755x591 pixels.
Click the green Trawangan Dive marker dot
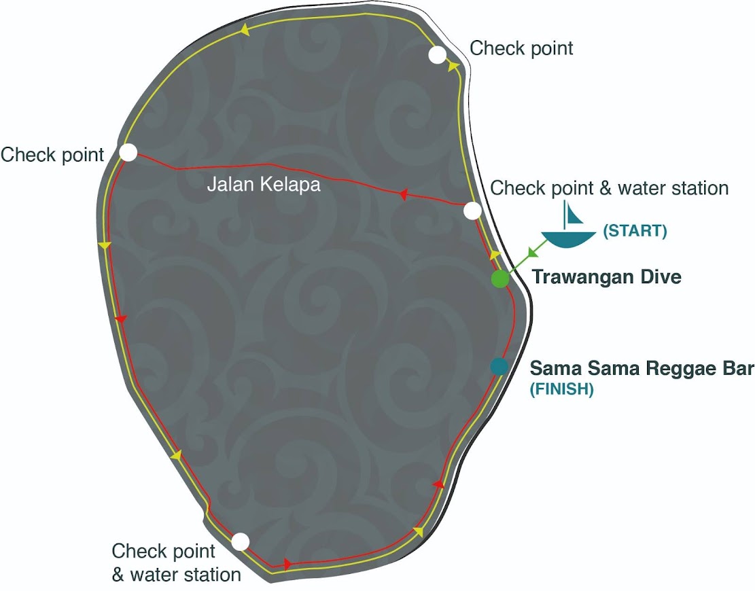(x=500, y=279)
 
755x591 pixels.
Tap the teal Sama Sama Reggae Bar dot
(x=499, y=366)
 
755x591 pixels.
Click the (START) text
(x=635, y=231)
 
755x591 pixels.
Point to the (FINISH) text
(x=562, y=390)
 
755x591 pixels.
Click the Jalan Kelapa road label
(x=264, y=184)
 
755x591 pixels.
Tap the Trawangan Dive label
(x=606, y=277)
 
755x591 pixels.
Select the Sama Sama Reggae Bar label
(x=642, y=368)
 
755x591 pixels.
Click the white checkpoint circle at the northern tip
(x=438, y=55)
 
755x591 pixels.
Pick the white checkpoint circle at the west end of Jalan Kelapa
(x=128, y=152)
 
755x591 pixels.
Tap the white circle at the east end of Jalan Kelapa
(x=473, y=211)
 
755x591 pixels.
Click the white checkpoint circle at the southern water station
(x=240, y=541)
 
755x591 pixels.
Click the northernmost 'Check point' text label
(x=521, y=48)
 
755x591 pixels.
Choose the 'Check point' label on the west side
(x=52, y=154)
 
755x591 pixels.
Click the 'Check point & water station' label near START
(x=609, y=188)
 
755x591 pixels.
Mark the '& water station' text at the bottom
(x=176, y=575)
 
